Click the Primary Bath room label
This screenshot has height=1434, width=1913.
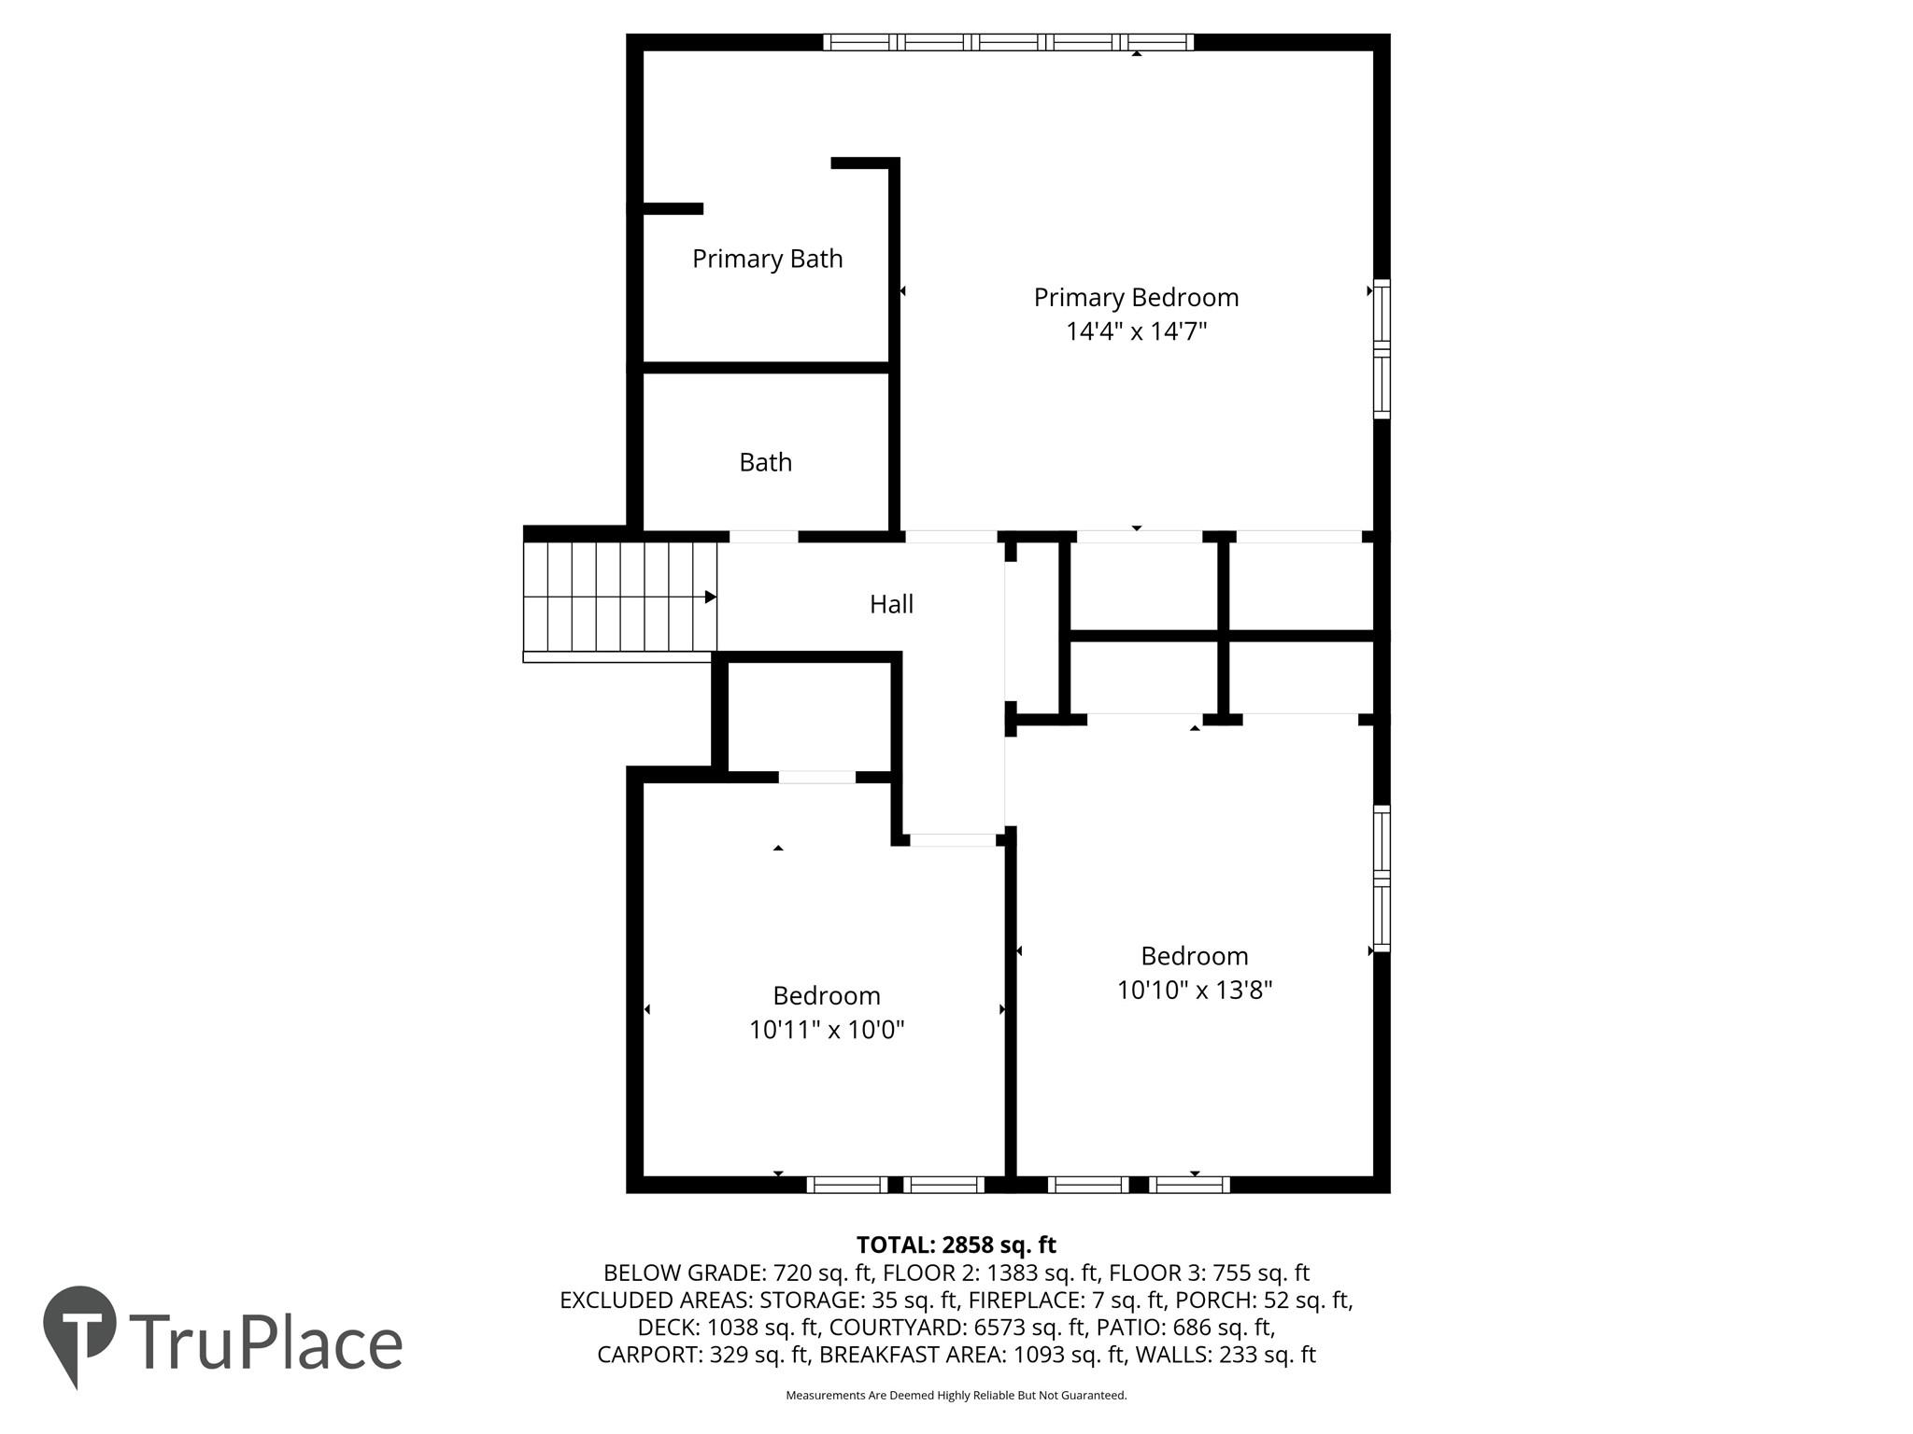tap(767, 259)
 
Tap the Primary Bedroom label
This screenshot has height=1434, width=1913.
tap(1136, 298)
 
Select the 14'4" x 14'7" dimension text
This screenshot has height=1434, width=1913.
tap(1137, 331)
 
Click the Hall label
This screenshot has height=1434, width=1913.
tap(891, 604)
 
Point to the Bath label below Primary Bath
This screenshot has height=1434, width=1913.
tap(765, 462)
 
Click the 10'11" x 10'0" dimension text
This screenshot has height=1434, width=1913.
tap(827, 1030)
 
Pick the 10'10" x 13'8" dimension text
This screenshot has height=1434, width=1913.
tap(1195, 990)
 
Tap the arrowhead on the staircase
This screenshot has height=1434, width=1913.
tap(711, 597)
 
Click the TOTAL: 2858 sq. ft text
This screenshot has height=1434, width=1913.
tap(956, 1244)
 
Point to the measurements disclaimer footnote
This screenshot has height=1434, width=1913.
tap(956, 1396)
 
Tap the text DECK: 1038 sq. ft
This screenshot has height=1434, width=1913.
tap(729, 1327)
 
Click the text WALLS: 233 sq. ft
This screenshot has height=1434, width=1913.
tap(1226, 1355)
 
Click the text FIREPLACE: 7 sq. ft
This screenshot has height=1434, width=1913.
tap(1067, 1300)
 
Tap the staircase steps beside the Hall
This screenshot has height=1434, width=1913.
tap(619, 597)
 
